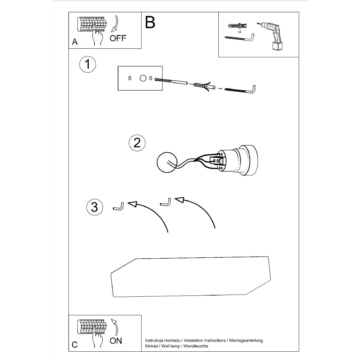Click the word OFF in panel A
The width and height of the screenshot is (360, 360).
[118, 38]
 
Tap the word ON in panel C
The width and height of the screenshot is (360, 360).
[116, 341]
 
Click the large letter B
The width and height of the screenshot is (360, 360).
[150, 22]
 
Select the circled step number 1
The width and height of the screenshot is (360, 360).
[88, 64]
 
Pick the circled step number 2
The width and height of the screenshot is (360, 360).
[137, 143]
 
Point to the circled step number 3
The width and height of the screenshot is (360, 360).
[94, 207]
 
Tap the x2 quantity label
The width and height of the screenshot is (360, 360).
[240, 32]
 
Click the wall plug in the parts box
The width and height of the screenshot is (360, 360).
[237, 25]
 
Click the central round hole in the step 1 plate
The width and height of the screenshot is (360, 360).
[143, 78]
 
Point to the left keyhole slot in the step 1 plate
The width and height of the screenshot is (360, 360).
[130, 78]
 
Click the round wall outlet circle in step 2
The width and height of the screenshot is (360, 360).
[167, 162]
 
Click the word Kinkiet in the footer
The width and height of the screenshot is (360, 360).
[151, 346]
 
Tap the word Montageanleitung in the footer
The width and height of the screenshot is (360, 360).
[246, 340]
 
